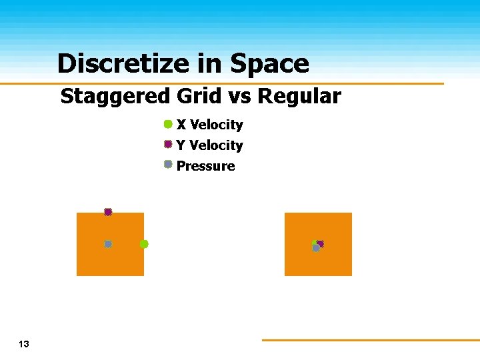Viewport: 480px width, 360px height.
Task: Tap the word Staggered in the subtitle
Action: (115, 97)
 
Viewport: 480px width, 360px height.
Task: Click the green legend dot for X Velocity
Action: (168, 124)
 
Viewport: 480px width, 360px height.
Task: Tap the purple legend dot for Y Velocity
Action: (168, 144)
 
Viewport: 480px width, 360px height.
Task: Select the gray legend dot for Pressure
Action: (168, 164)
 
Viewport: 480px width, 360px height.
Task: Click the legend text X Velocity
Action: (209, 125)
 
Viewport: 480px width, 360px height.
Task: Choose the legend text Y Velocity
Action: (209, 145)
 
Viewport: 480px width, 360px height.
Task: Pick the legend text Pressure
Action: (205, 166)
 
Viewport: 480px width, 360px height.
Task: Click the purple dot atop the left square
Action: (108, 212)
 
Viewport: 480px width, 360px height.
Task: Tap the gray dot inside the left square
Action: (108, 244)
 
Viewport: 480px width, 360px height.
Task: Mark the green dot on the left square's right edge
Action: (144, 244)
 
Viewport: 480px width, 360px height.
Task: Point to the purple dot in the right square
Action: (321, 244)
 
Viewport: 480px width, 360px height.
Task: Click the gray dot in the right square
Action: (316, 248)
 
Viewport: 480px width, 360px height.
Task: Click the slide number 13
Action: (24, 345)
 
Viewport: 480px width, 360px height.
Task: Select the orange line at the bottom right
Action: (370, 340)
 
